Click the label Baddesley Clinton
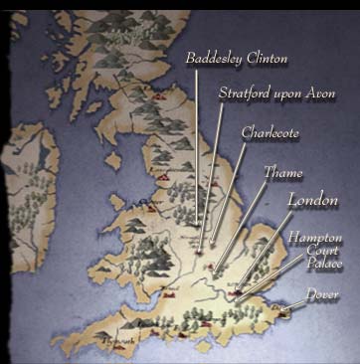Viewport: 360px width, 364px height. [x=237, y=60]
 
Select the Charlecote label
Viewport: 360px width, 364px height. [x=270, y=132]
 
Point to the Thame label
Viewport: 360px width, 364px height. [x=283, y=172]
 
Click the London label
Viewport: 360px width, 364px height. [x=313, y=200]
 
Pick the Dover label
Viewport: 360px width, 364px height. [x=321, y=295]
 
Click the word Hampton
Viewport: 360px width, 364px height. [x=314, y=239]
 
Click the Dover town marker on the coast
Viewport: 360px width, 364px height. [x=285, y=313]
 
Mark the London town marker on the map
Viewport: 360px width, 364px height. [x=236, y=293]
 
